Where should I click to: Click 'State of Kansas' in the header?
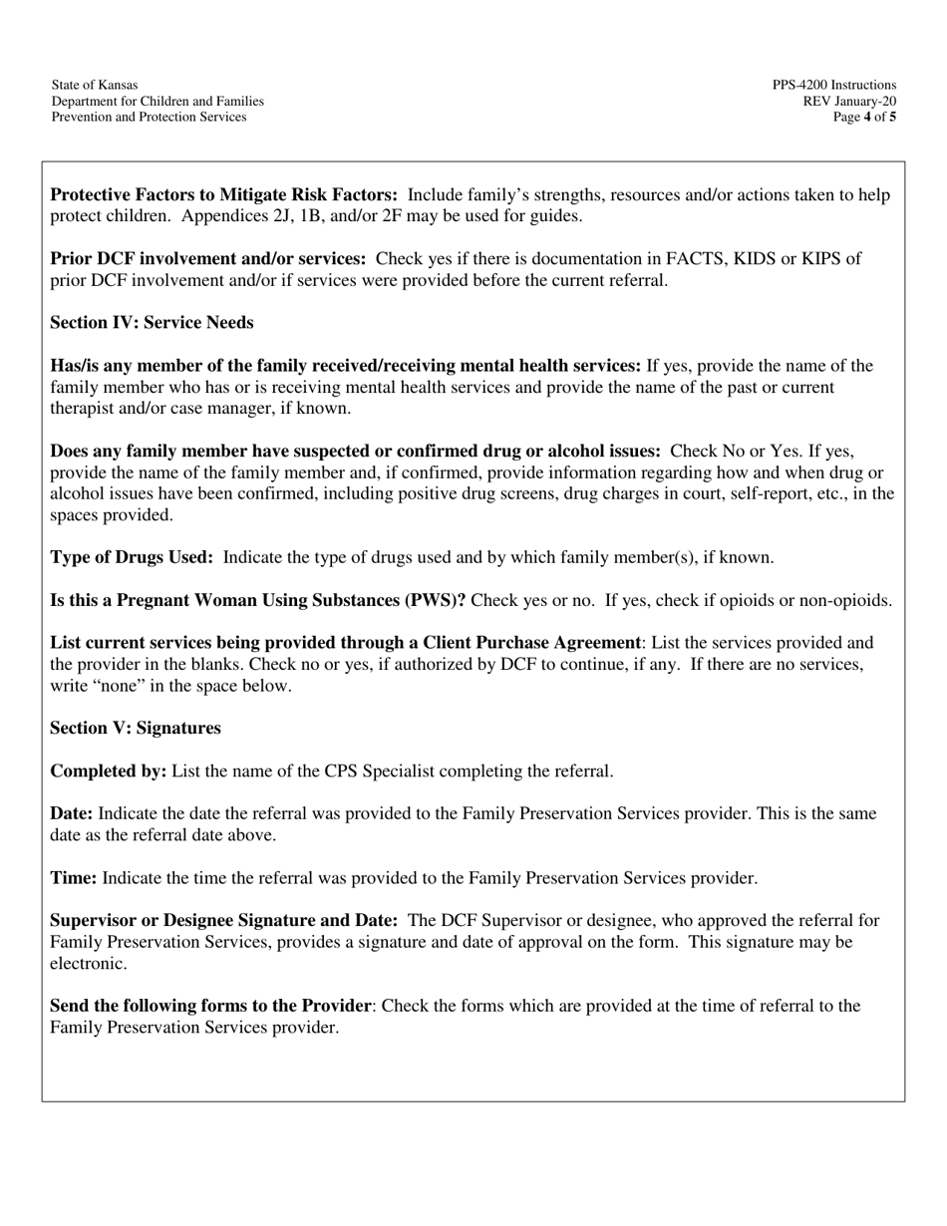pyautogui.click(x=95, y=86)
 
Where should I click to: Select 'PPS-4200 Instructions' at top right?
pyautogui.click(x=833, y=86)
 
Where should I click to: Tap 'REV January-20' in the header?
pyautogui.click(x=849, y=102)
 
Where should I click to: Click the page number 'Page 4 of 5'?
pyautogui.click(x=864, y=118)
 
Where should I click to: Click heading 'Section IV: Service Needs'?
pyautogui.click(x=152, y=323)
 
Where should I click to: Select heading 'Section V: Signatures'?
pyautogui.click(x=136, y=729)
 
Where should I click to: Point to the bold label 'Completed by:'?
pyautogui.click(x=109, y=771)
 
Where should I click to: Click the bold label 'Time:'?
pyautogui.click(x=74, y=878)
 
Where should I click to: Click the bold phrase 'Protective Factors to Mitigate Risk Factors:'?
pyautogui.click(x=224, y=195)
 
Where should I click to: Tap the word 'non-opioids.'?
pyautogui.click(x=847, y=601)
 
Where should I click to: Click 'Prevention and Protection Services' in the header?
pyautogui.click(x=149, y=118)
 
